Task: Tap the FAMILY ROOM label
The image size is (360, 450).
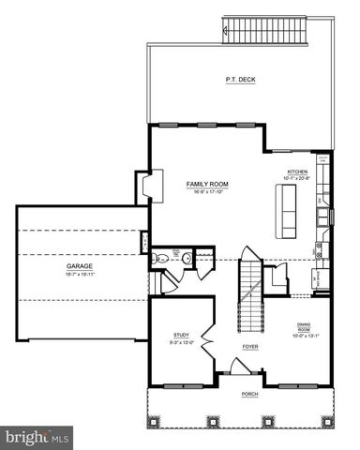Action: coord(207,184)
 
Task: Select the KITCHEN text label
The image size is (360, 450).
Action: coord(297,172)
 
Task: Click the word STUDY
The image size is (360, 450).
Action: coord(181,335)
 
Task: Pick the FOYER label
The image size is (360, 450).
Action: coord(250,347)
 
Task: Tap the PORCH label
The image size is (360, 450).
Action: coord(250,394)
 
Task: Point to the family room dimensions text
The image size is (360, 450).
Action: coord(207,191)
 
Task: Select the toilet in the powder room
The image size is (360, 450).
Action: coord(161,257)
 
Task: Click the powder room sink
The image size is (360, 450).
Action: coord(186,257)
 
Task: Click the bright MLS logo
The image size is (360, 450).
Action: coord(37,437)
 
